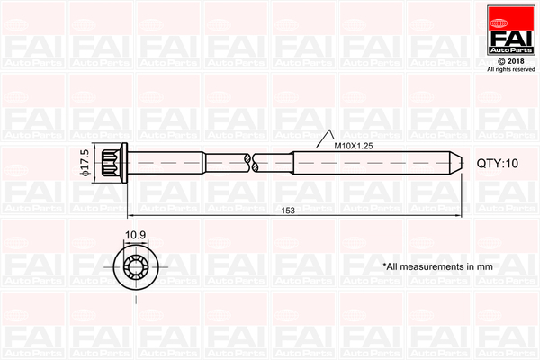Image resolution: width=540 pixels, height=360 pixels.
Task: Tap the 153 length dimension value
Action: [x=289, y=211]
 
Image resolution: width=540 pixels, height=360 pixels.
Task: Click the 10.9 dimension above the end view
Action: [x=135, y=236]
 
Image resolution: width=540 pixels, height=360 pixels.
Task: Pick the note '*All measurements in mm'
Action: [x=437, y=266]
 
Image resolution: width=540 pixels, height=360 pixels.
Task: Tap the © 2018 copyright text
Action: [x=510, y=61]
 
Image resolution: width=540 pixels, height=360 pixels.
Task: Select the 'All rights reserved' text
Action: [x=510, y=69]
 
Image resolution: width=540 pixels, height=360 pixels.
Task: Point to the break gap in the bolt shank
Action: [x=251, y=162]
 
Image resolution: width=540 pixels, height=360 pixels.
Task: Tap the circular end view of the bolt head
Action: [x=135, y=265]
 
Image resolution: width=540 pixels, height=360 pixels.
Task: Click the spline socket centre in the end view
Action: [x=135, y=265]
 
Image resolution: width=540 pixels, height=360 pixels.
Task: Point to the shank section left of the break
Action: [x=189, y=162]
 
